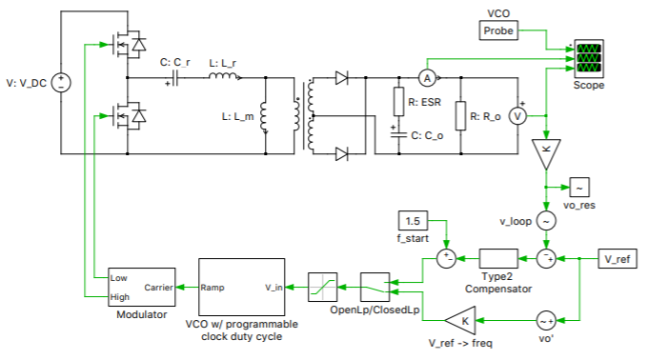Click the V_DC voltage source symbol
[59, 82]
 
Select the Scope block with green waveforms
[588, 58]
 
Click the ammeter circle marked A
[428, 76]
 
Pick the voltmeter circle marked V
[519, 115]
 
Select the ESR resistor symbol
[398, 100]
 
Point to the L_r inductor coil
[223, 76]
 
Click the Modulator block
[140, 286]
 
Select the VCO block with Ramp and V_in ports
[241, 285]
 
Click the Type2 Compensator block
[496, 258]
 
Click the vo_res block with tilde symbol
[580, 188]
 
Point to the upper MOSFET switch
[125, 44]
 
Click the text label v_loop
[515, 221]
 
